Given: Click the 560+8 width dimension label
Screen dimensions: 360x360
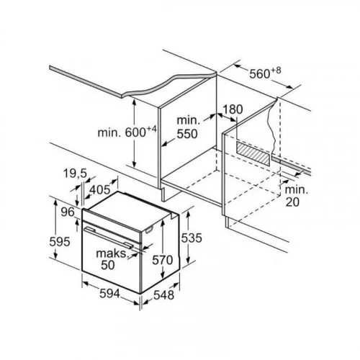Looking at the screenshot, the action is tap(265, 73).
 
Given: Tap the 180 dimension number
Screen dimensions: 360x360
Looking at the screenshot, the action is tap(233, 109).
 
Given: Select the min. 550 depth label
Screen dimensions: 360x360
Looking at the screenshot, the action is tap(188, 127).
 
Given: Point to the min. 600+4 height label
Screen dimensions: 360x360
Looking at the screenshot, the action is tap(127, 132).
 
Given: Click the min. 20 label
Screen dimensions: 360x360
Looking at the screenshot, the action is tap(296, 196).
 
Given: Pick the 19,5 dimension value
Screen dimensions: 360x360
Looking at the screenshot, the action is tap(75, 174).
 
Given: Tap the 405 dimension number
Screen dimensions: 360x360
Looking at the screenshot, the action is tap(100, 190).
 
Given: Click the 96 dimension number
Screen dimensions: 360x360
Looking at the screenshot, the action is tap(68, 212).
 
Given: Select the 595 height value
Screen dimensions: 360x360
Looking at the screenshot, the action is tap(60, 241).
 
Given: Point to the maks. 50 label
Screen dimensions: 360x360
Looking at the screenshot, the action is tap(112, 259).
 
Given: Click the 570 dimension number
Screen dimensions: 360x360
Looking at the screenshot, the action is tap(163, 260).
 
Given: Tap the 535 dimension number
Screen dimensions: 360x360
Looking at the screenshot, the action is tap(192, 238).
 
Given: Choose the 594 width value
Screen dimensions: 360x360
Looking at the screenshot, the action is tap(109, 293).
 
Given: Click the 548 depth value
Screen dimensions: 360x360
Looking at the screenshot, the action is tap(163, 295).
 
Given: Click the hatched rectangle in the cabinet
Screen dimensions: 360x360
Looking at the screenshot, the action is tap(253, 153).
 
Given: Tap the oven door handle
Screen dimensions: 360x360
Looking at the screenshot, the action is tap(109, 237).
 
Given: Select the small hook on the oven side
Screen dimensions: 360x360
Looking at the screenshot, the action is tap(149, 230).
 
